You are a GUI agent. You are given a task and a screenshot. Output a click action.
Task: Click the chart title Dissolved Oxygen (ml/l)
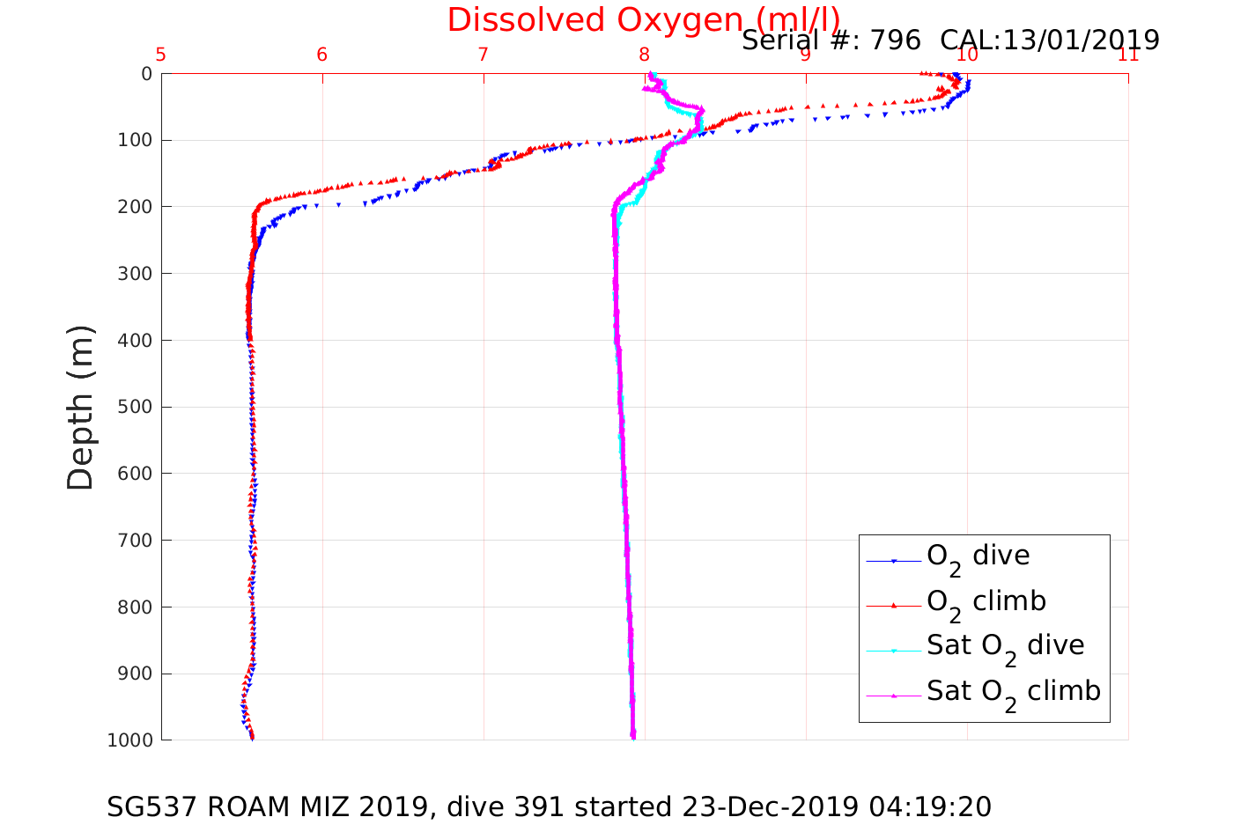(643, 19)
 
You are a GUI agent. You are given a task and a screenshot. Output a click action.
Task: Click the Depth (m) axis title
(80, 407)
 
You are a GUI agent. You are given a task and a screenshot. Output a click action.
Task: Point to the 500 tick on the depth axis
(134, 407)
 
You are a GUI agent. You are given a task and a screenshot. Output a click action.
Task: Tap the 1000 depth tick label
(129, 740)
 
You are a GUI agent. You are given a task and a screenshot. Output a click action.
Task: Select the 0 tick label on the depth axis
(146, 74)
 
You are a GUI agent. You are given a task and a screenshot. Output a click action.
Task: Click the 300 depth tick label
(134, 274)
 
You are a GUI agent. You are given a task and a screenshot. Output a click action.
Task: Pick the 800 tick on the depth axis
(134, 607)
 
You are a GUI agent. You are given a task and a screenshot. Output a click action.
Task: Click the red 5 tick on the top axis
(161, 55)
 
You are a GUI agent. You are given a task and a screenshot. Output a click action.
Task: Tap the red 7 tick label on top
(483, 55)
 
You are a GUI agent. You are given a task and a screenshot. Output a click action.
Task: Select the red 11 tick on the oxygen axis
(1128, 55)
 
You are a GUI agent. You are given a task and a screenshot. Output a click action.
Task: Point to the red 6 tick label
(322, 55)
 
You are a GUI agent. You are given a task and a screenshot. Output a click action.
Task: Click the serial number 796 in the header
(896, 40)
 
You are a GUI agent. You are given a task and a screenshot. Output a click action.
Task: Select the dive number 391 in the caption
(539, 806)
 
